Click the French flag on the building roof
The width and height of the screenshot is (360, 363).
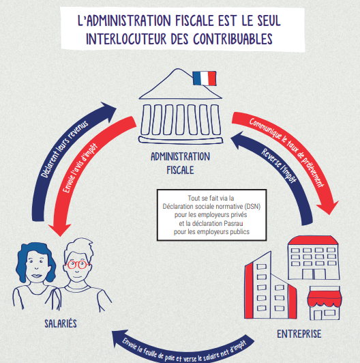[x=205, y=78]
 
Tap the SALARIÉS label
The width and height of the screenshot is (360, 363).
[x=61, y=323]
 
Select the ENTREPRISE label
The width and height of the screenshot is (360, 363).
[x=299, y=334]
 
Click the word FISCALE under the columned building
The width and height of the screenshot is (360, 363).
[x=180, y=170]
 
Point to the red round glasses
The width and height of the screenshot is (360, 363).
[x=77, y=264]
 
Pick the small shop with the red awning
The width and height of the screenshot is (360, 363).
[x=325, y=303]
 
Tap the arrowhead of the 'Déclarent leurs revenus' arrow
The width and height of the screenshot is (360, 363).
[x=109, y=111]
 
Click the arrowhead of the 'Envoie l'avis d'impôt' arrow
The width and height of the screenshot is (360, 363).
[x=60, y=229]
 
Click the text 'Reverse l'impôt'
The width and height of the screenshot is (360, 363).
[x=279, y=165]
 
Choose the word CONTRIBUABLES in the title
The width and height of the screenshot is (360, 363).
[x=233, y=39]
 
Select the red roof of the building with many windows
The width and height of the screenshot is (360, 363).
[x=314, y=240]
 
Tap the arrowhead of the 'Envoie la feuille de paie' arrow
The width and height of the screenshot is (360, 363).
[x=119, y=338]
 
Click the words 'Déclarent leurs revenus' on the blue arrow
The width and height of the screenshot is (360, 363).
[x=64, y=149]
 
